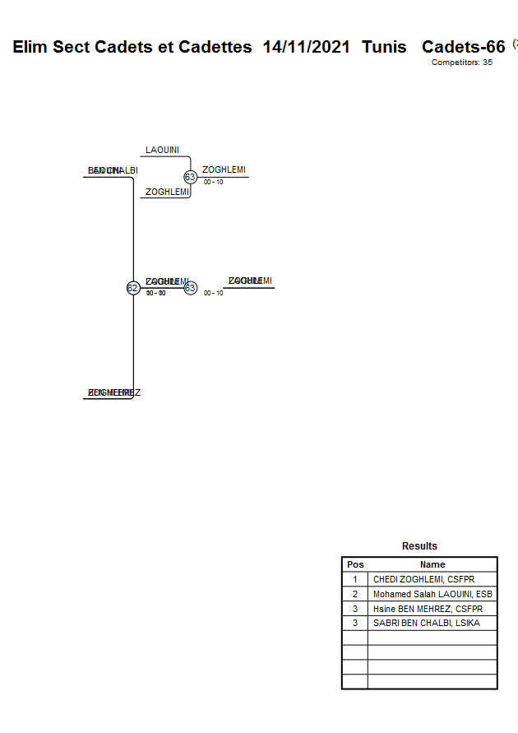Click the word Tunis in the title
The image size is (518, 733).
tap(384, 47)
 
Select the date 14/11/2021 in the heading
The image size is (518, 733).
tap(306, 47)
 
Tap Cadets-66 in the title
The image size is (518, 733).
tap(463, 47)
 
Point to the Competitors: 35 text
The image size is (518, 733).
tap(461, 63)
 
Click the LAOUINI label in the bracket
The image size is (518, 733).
tap(162, 150)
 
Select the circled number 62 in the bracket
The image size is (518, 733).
tap(132, 288)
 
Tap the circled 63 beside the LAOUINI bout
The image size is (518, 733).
tap(190, 177)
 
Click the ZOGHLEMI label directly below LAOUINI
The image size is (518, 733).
tap(167, 192)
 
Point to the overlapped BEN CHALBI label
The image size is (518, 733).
tap(113, 170)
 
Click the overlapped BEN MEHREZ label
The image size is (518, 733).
tap(113, 392)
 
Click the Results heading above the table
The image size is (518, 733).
tap(419, 546)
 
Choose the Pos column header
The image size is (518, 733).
tap(355, 564)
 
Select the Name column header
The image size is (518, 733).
tap(432, 564)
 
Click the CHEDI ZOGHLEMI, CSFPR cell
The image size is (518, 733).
tap(423, 579)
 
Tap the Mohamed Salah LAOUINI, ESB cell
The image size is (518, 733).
tap(432, 594)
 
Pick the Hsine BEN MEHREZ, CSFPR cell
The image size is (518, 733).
tap(428, 609)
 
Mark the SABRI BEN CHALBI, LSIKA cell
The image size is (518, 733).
tap(426, 623)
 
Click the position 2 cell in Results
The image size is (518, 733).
tap(355, 594)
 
